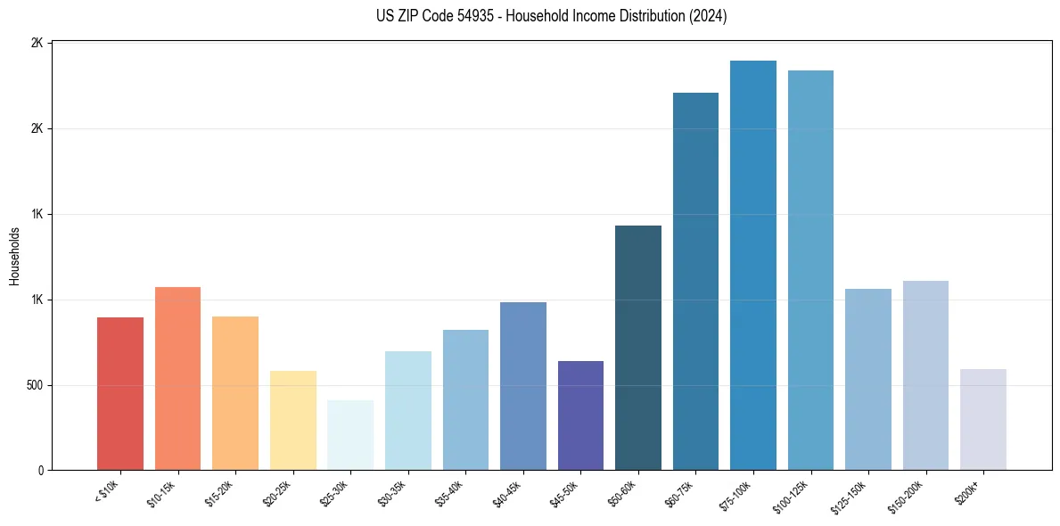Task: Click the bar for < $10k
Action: click(120, 393)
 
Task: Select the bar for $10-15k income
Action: click(177, 378)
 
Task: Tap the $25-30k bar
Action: click(350, 435)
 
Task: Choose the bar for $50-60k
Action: click(638, 348)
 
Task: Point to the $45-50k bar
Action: click(580, 415)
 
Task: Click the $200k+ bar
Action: click(983, 419)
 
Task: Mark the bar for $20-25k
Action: click(293, 420)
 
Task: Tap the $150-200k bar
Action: click(925, 375)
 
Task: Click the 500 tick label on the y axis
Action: click(36, 386)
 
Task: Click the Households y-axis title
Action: click(15, 256)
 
